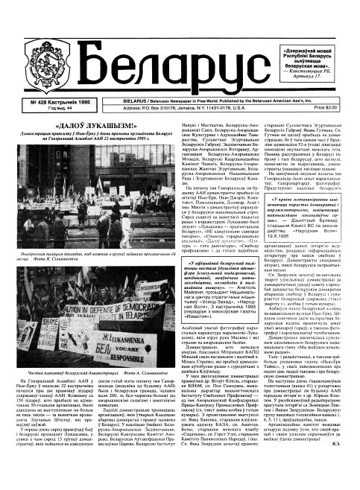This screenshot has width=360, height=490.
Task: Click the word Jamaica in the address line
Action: point(180,102)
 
